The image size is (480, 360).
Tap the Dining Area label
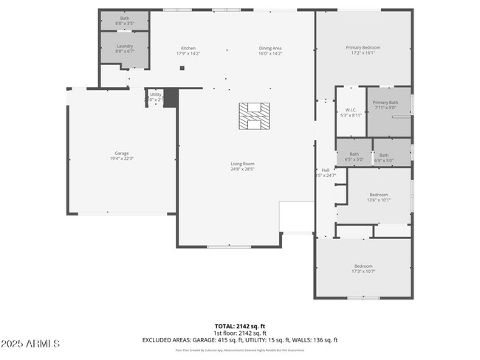270,50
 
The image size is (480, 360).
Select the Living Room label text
241,165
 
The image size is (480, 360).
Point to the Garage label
122,155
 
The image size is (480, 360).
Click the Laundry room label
124,48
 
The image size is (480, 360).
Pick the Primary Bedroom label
361,50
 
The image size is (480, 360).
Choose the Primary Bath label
385,105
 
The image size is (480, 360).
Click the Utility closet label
155,96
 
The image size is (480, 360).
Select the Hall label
325,172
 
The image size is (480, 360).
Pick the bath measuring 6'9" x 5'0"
384,156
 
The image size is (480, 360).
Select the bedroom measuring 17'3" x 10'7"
363,269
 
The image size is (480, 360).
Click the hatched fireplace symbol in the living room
254,116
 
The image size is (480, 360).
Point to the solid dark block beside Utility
171,98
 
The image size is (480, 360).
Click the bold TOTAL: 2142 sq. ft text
240,325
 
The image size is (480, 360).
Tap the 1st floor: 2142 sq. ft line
240,333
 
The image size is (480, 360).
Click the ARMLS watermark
31,344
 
